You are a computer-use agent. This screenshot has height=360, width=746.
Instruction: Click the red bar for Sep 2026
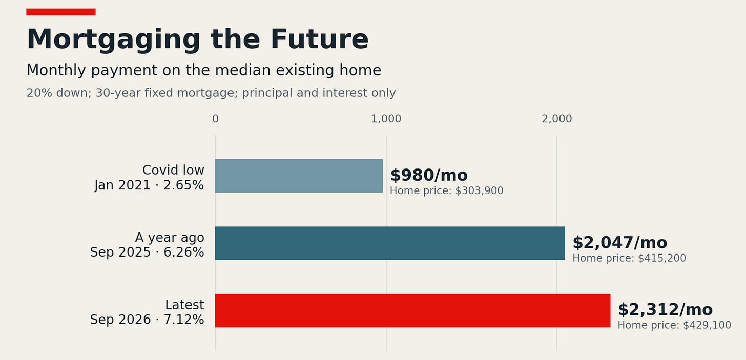(412, 310)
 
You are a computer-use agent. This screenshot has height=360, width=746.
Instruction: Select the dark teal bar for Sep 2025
(390, 243)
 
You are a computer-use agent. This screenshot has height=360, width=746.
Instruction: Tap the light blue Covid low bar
(299, 176)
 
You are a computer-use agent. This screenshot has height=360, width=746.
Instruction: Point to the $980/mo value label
(429, 175)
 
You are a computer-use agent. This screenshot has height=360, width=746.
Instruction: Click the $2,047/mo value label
(620, 243)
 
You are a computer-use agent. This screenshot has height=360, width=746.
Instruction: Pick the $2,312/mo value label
(665, 310)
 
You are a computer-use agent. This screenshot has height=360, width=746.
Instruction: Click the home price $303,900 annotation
(447, 190)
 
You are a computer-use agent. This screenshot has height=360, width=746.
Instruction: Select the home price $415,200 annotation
(629, 258)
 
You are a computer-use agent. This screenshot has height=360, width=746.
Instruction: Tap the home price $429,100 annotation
(674, 325)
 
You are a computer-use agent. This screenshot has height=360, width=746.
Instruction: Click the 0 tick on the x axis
(216, 119)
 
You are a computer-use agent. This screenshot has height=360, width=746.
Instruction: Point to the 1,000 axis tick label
(386, 119)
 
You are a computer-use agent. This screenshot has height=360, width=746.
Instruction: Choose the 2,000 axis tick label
(556, 119)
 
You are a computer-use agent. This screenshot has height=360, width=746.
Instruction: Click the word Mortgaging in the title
(114, 39)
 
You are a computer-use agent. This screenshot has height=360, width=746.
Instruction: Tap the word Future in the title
(320, 39)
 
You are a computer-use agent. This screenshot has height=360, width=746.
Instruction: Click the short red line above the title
(61, 12)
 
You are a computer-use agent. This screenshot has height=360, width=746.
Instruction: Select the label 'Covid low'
(173, 170)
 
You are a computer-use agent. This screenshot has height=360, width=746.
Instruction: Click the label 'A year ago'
(170, 238)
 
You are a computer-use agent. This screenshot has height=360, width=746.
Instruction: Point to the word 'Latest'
(184, 305)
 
